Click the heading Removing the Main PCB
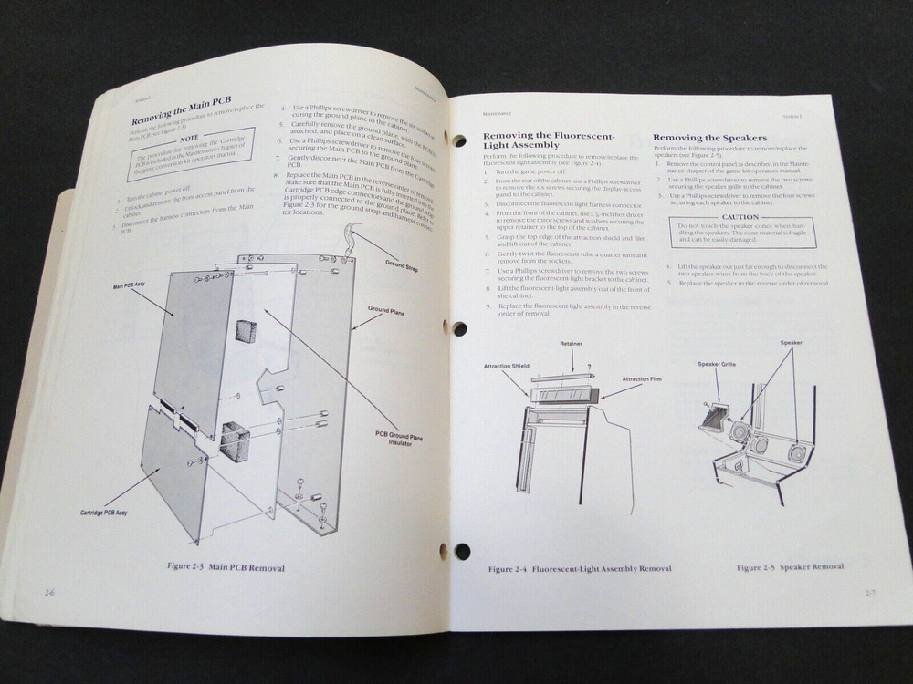183,119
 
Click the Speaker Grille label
717,364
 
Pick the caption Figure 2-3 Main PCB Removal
226,567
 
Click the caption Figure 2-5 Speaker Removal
791,566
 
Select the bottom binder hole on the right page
462,551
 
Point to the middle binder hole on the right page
459,328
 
